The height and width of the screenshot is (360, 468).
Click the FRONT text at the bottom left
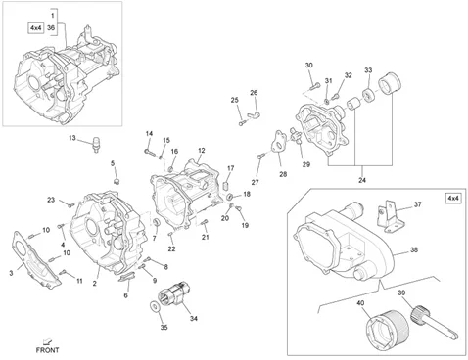[x=48, y=350]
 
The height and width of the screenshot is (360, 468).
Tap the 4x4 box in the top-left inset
[x=35, y=28]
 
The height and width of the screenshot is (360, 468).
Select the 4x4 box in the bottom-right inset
[x=454, y=198]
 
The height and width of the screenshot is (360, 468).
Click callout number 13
[x=72, y=138]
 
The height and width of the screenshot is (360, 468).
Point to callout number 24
[x=362, y=180]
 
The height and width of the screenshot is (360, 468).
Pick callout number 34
[x=194, y=318]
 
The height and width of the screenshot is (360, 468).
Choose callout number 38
[x=414, y=249]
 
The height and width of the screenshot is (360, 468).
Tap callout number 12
[x=202, y=151]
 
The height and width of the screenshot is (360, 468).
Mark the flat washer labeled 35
[x=154, y=306]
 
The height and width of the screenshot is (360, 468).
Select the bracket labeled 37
[x=391, y=216]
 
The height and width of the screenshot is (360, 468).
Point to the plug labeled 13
[x=97, y=144]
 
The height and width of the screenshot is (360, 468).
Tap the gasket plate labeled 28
[x=278, y=141]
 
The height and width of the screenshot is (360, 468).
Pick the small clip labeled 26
[x=254, y=113]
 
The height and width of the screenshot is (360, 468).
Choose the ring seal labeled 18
[x=230, y=197]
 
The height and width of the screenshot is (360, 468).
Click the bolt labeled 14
[x=150, y=152]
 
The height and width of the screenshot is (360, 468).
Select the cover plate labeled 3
[x=36, y=261]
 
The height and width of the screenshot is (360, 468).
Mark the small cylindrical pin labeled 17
[x=225, y=186]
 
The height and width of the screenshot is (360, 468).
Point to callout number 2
[x=94, y=284]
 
